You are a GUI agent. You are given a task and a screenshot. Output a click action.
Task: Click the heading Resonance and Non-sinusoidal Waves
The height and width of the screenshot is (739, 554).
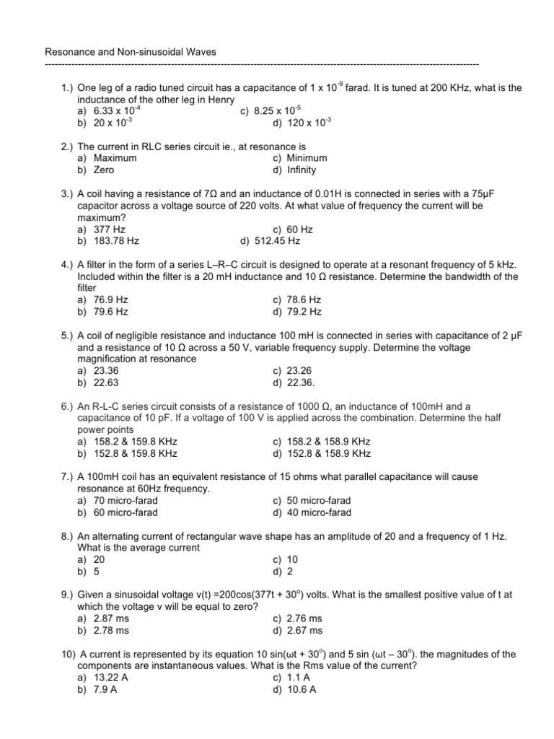point(131,52)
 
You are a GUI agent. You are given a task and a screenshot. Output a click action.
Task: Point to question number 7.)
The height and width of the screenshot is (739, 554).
point(67,477)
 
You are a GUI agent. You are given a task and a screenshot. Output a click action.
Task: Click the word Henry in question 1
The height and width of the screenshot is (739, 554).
point(220,100)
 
